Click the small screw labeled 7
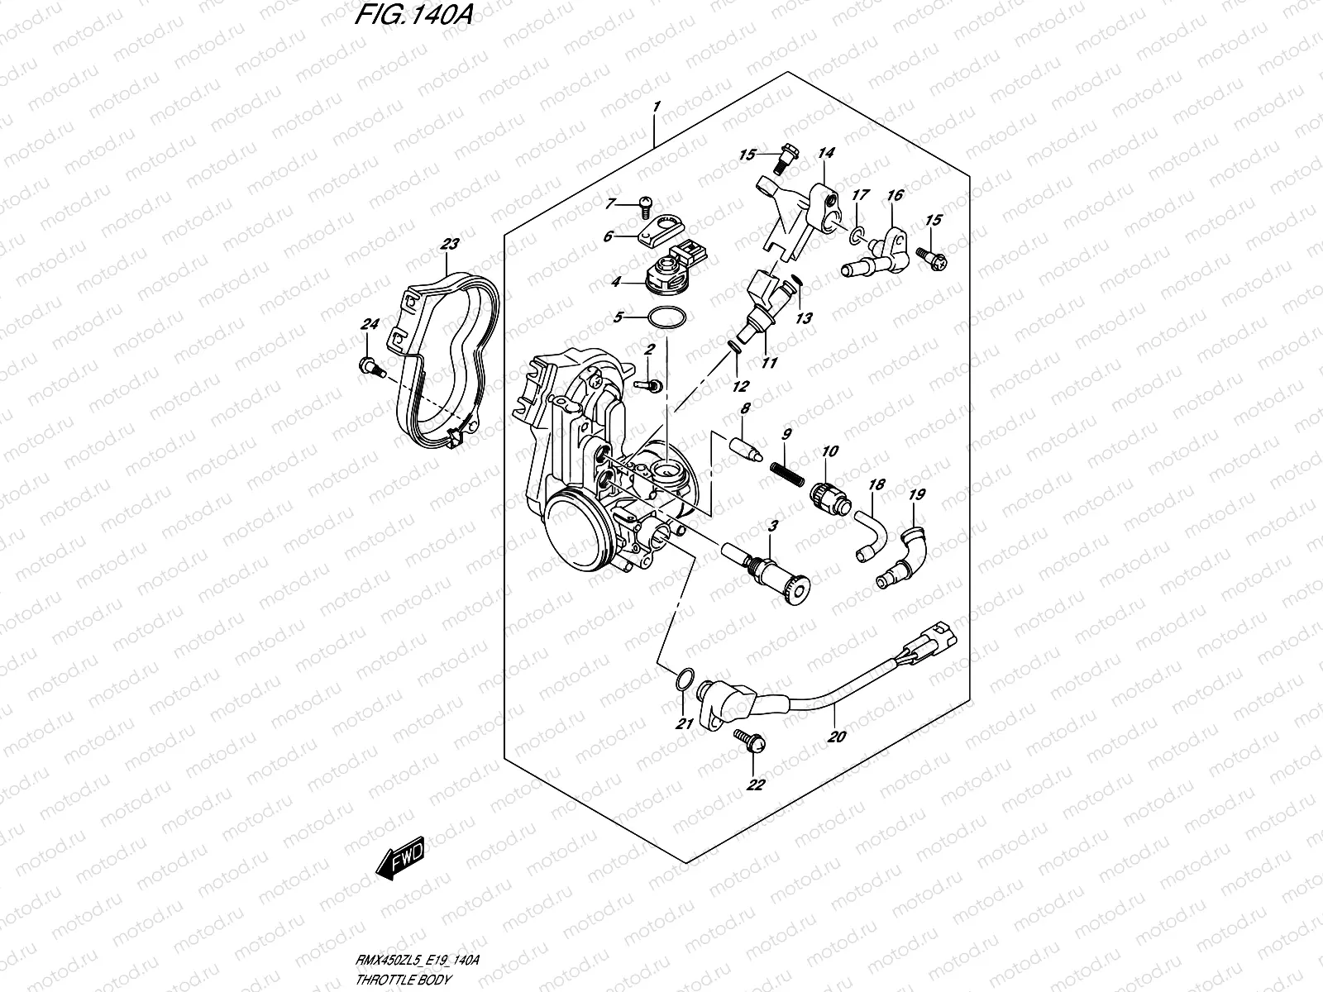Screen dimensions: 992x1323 click(x=647, y=203)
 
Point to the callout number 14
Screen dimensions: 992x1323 click(x=826, y=153)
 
